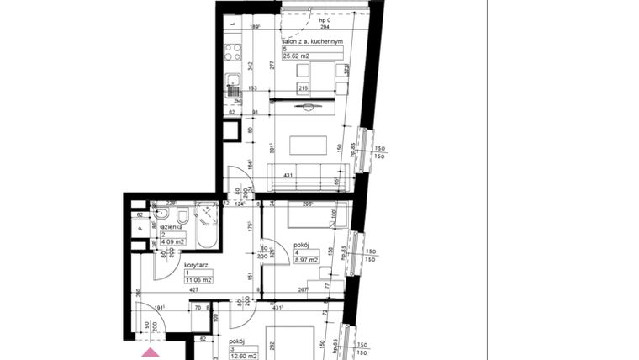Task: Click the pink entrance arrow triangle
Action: (x=150, y=352)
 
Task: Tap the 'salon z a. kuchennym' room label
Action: (x=312, y=41)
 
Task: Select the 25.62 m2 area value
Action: (x=296, y=56)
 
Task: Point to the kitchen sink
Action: (x=233, y=82)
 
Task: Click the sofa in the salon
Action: (x=308, y=177)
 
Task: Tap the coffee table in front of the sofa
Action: (x=308, y=146)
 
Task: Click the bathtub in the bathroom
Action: (x=208, y=226)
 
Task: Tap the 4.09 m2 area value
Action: (x=174, y=242)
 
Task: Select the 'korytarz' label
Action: (x=197, y=264)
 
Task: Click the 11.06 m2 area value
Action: (x=199, y=279)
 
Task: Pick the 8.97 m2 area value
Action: (x=306, y=261)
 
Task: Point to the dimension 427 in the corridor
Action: (x=194, y=289)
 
